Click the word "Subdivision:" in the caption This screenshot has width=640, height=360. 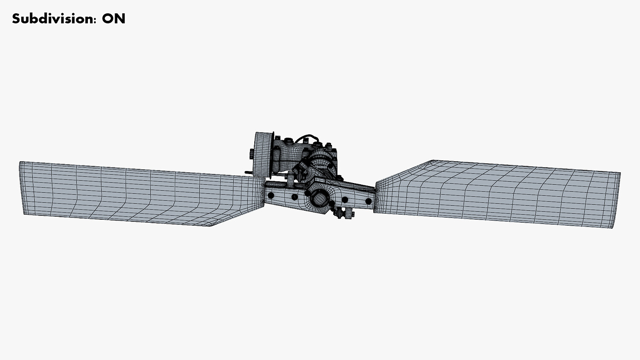pos(54,19)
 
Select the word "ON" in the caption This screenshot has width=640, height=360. pos(114,19)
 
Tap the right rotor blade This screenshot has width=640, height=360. pos(497,193)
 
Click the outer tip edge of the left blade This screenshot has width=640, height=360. pos(22,188)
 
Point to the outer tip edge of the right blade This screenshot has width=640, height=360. pos(617,200)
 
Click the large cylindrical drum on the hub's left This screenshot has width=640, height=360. pos(262,154)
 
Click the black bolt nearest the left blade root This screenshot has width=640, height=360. pos(271,196)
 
